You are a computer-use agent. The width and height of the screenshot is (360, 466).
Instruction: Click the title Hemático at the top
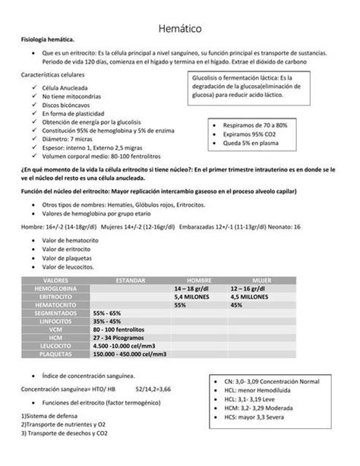179,29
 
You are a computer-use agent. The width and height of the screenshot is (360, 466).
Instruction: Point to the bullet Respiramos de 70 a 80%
254,124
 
